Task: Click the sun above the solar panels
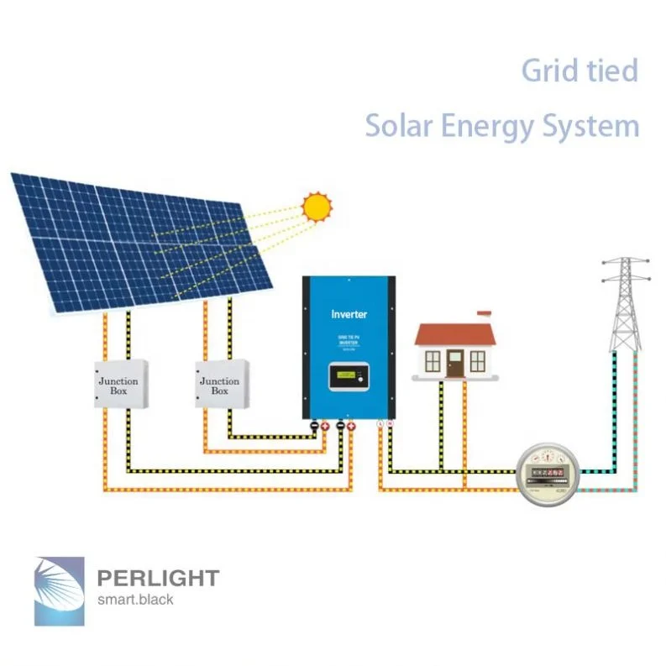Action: point(317,206)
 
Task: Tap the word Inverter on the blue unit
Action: point(349,314)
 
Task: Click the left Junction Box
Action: point(118,385)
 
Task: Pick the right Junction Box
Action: point(219,385)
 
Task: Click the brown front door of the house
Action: point(454,363)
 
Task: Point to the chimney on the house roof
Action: point(483,317)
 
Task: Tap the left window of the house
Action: point(433,362)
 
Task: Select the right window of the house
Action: point(477,362)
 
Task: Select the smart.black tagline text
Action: point(135,599)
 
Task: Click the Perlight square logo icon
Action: point(61,590)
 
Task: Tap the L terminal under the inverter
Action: point(381,425)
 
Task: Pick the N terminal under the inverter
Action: point(391,425)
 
